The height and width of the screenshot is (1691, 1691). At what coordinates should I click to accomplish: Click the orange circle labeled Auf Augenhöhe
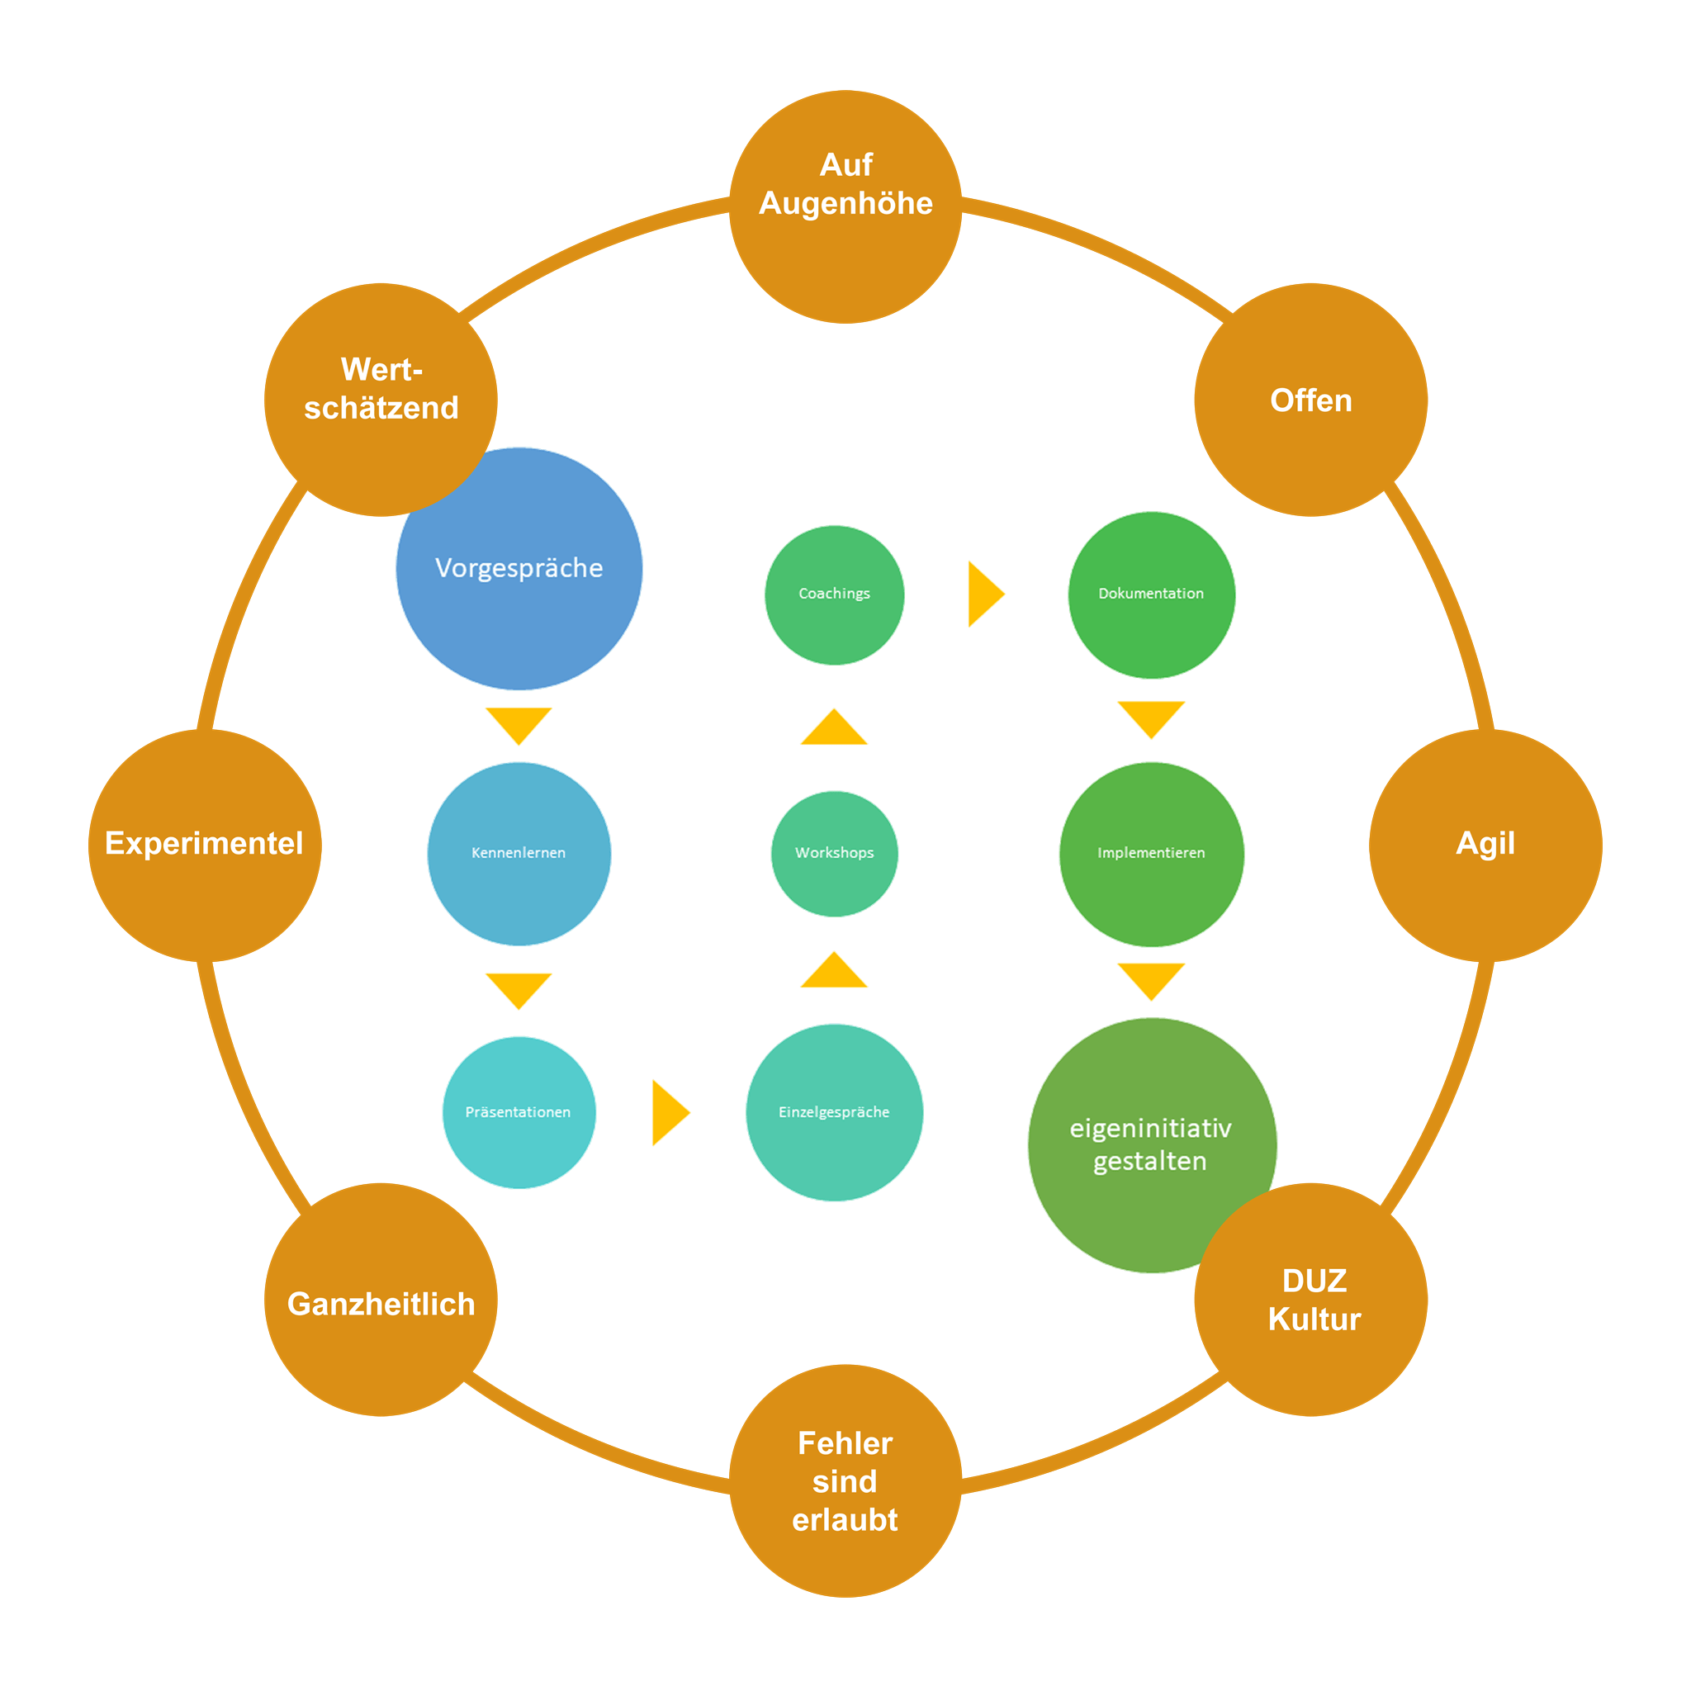pyautogui.click(x=845, y=206)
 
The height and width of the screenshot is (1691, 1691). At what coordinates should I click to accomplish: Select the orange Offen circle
pyautogui.click(x=1310, y=400)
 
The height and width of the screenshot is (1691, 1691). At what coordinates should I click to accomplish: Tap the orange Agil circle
pyautogui.click(x=1485, y=845)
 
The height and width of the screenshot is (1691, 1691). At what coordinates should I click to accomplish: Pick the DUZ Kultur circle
pyautogui.click(x=1310, y=1301)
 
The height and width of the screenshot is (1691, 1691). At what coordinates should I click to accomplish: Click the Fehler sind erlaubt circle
pyautogui.click(x=845, y=1481)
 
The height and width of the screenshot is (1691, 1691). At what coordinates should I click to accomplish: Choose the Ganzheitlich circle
pyautogui.click(x=381, y=1301)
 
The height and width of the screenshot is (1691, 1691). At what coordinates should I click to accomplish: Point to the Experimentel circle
pyautogui.click(x=205, y=845)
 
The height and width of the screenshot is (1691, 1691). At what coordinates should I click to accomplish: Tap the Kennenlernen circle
pyautogui.click(x=519, y=854)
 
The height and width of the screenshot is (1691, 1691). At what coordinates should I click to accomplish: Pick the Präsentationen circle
pyautogui.click(x=519, y=1112)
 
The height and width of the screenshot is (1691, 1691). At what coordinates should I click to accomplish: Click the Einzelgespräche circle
pyautogui.click(x=834, y=1112)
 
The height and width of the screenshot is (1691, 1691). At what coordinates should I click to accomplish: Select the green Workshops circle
pyautogui.click(x=834, y=854)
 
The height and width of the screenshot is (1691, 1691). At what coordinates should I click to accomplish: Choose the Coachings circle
pyautogui.click(x=834, y=594)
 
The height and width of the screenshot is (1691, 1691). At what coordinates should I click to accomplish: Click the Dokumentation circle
pyautogui.click(x=1151, y=594)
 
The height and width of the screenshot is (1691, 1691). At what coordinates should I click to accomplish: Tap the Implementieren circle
pyautogui.click(x=1151, y=854)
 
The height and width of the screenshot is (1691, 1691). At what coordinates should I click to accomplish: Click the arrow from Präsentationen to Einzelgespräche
pyautogui.click(x=669, y=1112)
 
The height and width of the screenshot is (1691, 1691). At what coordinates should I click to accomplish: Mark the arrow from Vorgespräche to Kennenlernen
pyautogui.click(x=519, y=723)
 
